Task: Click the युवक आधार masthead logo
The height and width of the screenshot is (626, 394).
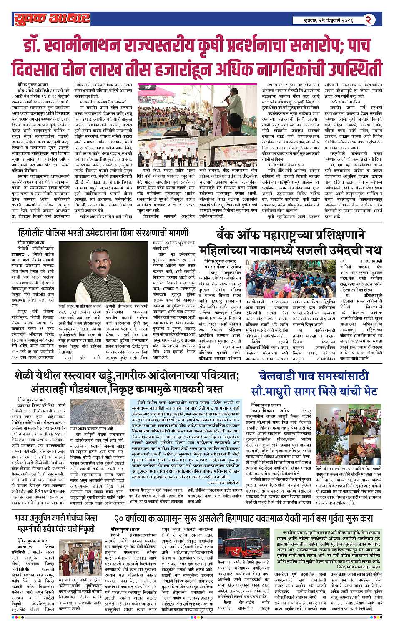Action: coord(51,18)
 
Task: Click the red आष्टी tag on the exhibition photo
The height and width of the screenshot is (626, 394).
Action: coord(148,88)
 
